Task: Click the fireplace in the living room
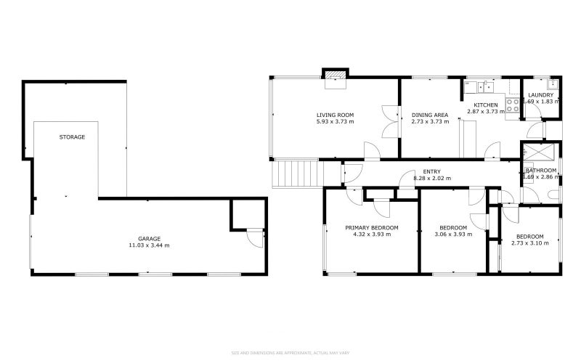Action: pyautogui.click(x=335, y=77)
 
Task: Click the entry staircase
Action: pyautogui.click(x=296, y=174)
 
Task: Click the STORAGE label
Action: pyautogui.click(x=73, y=137)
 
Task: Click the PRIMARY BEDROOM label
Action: pyautogui.click(x=372, y=227)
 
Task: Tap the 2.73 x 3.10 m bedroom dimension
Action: pyautogui.click(x=529, y=243)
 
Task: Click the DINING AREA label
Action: pyautogui.click(x=430, y=115)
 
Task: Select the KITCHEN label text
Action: pyautogui.click(x=486, y=105)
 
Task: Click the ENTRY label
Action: pyautogui.click(x=431, y=171)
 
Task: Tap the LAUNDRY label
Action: pyautogui.click(x=540, y=95)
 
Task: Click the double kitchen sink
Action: pyautogui.click(x=486, y=88)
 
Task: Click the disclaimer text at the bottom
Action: pyautogui.click(x=290, y=353)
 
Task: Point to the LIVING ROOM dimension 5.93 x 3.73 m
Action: pyautogui.click(x=335, y=122)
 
